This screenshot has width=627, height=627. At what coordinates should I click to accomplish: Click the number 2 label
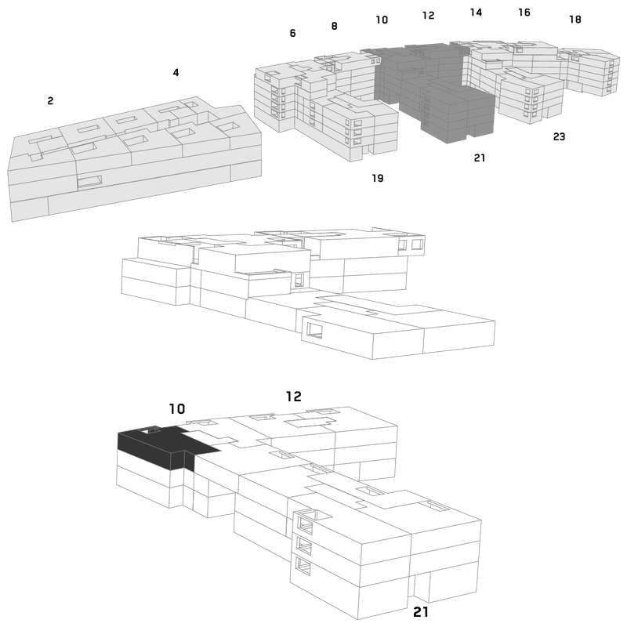click(50, 101)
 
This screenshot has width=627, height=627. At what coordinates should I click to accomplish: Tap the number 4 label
click(176, 72)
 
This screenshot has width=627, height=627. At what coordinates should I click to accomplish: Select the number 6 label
click(292, 33)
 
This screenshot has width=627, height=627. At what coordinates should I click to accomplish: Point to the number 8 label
click(335, 26)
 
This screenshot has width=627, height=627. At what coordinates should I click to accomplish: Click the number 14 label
click(476, 13)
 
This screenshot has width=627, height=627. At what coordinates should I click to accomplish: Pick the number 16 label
click(524, 13)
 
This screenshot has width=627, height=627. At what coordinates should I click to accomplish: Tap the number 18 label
click(575, 19)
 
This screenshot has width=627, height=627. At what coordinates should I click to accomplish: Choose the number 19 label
click(378, 178)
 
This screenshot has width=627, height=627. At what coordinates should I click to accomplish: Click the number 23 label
click(559, 136)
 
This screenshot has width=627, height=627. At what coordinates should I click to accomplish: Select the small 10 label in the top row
click(382, 20)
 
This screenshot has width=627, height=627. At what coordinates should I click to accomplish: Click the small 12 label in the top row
click(428, 15)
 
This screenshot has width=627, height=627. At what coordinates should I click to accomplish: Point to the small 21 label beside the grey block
click(480, 158)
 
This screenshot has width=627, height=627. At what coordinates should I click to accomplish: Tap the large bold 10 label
click(177, 408)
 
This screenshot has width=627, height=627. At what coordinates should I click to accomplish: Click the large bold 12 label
click(293, 397)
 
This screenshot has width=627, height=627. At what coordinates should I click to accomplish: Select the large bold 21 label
click(421, 612)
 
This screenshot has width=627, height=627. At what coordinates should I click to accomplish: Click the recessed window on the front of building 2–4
click(89, 182)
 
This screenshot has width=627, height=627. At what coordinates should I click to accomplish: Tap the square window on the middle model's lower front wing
click(314, 330)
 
